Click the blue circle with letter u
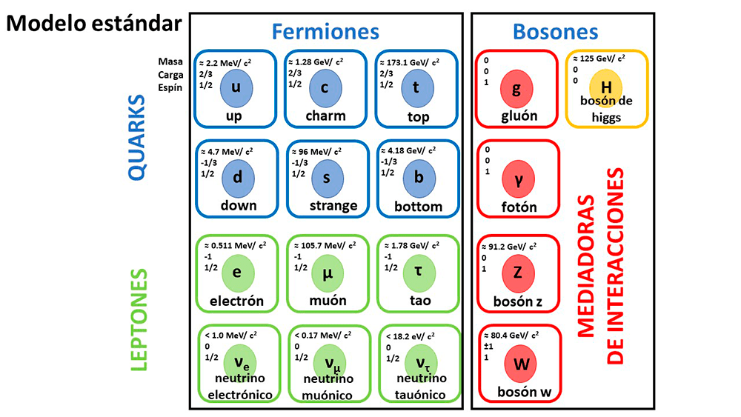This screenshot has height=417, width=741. click(x=236, y=88)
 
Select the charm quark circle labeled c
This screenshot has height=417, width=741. click(x=325, y=88)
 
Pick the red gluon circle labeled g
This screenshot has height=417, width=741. click(x=516, y=89)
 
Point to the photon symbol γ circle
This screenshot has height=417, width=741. click(x=519, y=179)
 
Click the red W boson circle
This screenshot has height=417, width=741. click(x=521, y=364)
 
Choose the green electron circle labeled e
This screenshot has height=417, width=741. click(x=238, y=273)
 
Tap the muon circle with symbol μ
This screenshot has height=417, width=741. click(x=328, y=273)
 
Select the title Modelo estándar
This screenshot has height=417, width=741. click(x=93, y=24)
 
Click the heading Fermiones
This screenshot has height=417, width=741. click(x=325, y=32)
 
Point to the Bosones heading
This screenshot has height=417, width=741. click(x=555, y=32)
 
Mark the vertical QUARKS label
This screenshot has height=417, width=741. click(x=136, y=138)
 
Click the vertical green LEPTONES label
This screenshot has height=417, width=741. click(x=139, y=320)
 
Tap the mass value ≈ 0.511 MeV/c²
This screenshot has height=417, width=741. click(x=235, y=245)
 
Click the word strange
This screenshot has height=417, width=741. click(x=333, y=206)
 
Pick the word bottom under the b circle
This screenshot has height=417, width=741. click(x=418, y=207)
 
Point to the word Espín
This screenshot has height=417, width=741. click(x=170, y=88)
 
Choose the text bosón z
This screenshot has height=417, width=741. click(x=517, y=301)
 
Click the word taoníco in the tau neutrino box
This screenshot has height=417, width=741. click(x=419, y=395)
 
